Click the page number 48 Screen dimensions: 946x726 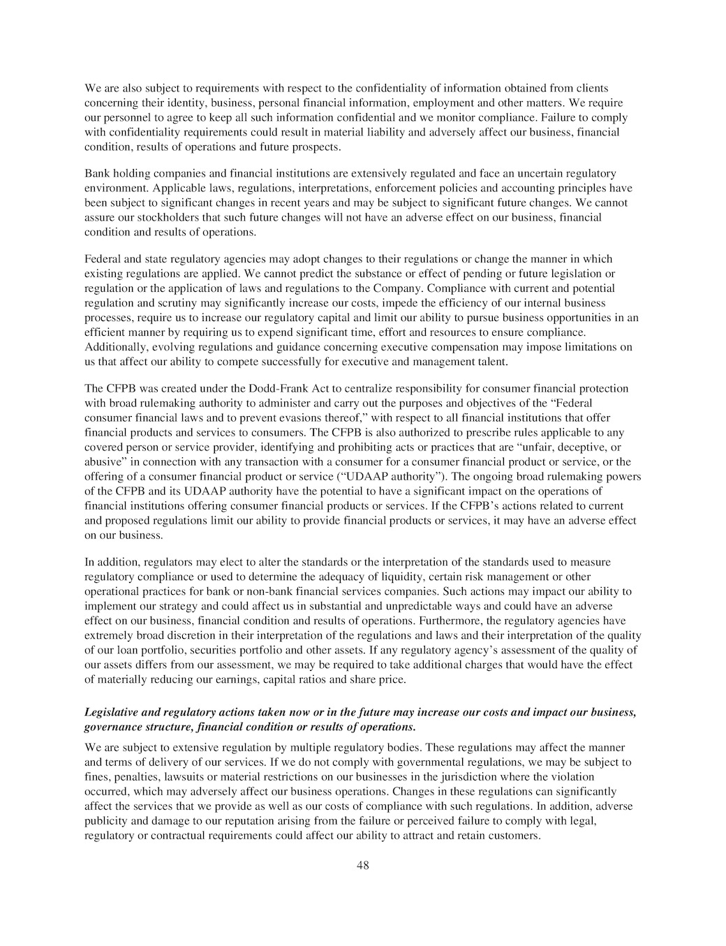click(x=362, y=866)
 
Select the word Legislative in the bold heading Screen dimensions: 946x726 click(x=112, y=712)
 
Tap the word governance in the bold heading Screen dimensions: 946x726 click(x=112, y=727)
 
